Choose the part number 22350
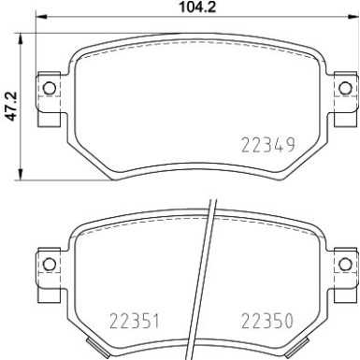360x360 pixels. point(267,317)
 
